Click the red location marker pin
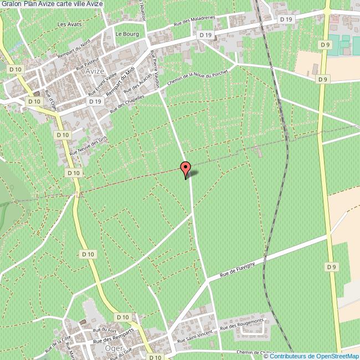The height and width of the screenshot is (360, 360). pos(186,168)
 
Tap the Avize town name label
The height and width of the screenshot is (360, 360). pos(95,72)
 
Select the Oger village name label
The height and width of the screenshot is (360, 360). pos(114,348)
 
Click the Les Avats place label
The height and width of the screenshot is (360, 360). pos(69,24)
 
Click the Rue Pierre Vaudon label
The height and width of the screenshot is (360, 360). pos(157,64)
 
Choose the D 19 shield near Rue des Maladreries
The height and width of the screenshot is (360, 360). pos(205,35)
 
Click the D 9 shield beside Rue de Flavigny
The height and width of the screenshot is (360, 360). pos(331,267)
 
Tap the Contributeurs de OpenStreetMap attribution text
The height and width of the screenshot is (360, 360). pos(316,356)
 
